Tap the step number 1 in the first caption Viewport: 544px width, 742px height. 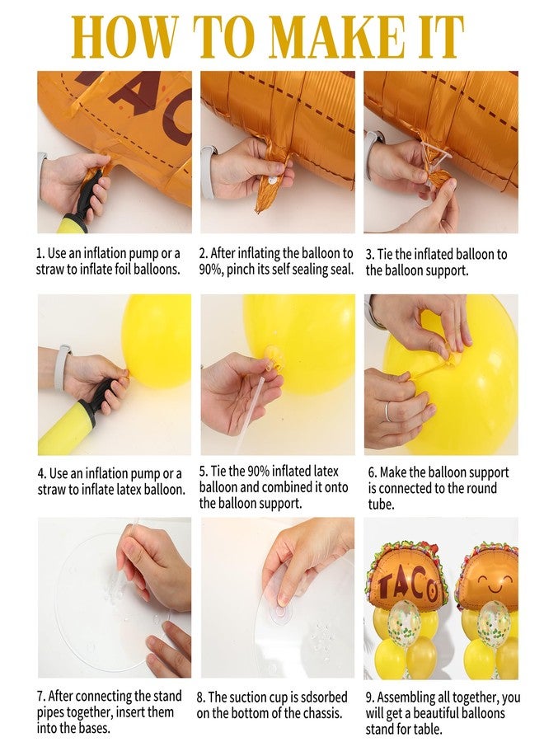[x=40, y=254]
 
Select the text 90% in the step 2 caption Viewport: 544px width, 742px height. [x=209, y=270]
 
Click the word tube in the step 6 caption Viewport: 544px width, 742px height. [x=380, y=505]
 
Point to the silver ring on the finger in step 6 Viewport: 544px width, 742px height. [x=388, y=411]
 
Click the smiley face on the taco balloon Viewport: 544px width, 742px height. [x=495, y=581]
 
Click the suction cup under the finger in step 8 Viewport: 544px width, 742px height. [x=280, y=611]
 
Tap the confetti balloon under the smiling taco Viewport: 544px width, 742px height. [x=494, y=620]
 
